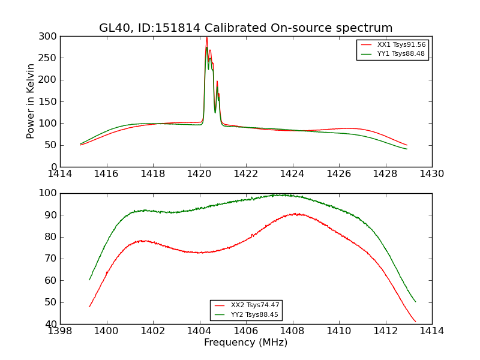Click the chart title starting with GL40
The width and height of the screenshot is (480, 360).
pos(246,28)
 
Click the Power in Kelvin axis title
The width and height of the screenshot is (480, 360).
pos(31,101)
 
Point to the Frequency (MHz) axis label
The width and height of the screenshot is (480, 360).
pos(246,343)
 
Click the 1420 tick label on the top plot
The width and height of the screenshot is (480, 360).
pos(200,174)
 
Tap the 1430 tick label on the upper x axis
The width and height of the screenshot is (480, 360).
pos(432,174)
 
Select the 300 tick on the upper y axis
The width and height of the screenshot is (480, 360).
pos(49,37)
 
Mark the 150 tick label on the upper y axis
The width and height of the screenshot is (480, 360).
pos(49,101)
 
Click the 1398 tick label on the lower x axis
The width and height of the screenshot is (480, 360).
pos(61,331)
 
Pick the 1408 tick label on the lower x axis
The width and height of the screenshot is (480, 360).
pos(293,331)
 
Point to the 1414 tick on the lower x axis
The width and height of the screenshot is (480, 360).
pos(432,331)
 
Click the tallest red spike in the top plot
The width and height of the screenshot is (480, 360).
pos(207,38)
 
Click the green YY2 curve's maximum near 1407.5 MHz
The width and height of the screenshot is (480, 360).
pos(280,194)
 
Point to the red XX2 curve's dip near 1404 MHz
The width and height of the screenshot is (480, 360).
pos(201,253)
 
